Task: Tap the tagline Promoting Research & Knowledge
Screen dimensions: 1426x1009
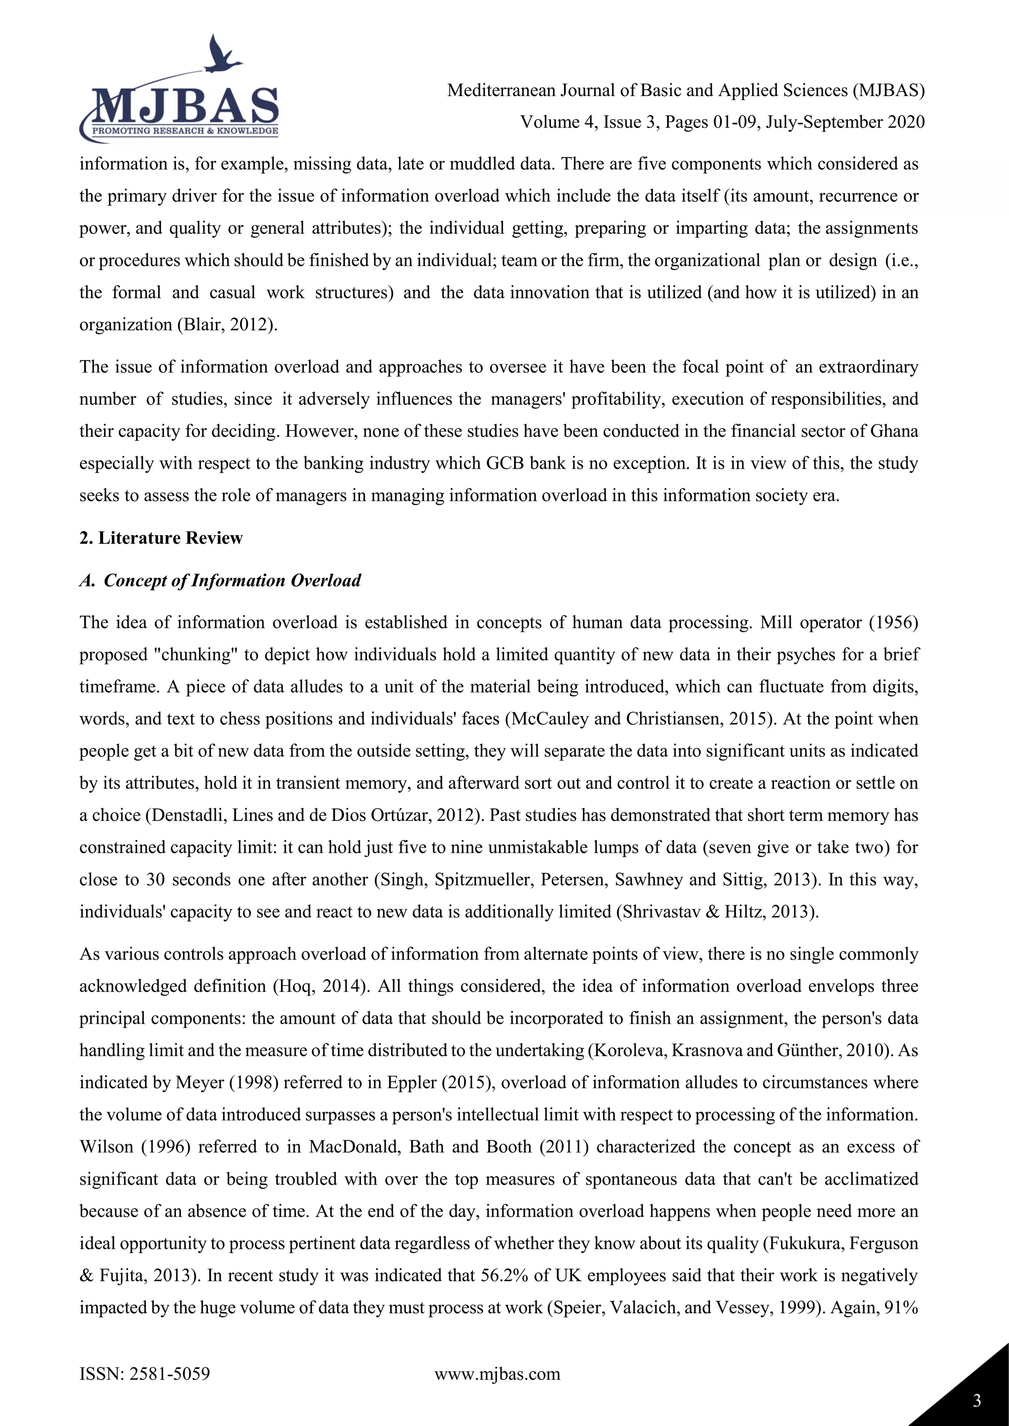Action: [x=185, y=131]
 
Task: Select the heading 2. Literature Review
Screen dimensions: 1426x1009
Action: [x=161, y=538]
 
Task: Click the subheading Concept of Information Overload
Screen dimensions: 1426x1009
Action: [x=232, y=580]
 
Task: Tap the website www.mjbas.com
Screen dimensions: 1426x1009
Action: [x=497, y=1373]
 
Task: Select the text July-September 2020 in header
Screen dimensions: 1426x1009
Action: [x=845, y=122]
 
